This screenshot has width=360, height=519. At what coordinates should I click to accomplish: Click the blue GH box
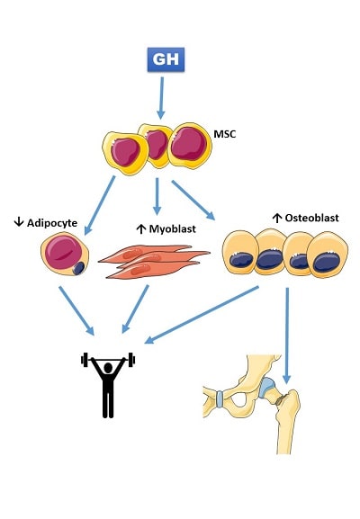coord(166,59)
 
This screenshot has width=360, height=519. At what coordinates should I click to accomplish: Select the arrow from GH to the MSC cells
coord(161,98)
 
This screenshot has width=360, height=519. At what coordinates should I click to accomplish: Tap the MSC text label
coord(225,134)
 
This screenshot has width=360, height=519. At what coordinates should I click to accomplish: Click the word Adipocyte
coord(52,223)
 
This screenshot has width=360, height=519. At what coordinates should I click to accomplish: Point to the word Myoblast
coord(172,228)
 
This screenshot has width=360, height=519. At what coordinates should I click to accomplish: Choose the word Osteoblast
coord(312,218)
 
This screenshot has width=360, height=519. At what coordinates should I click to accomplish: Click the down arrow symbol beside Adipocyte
coord(19,222)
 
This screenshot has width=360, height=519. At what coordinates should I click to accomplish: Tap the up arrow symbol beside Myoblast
coord(141,228)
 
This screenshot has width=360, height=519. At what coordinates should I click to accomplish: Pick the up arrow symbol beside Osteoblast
coord(277,218)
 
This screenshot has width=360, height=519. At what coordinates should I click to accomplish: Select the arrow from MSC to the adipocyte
coord(100,205)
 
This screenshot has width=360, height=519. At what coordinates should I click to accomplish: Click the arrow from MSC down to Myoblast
coord(157,197)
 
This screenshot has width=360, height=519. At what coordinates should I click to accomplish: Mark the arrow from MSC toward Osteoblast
coord(193,201)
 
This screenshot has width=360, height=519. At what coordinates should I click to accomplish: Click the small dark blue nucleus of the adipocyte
coord(78,268)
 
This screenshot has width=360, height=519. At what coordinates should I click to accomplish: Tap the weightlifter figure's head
coord(108,368)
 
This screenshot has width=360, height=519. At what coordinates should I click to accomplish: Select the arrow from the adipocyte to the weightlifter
coord(76,311)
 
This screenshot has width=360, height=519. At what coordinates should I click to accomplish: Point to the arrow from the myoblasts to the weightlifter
coord(135,309)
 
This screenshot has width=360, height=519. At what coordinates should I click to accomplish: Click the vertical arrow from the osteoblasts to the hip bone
coord(287,336)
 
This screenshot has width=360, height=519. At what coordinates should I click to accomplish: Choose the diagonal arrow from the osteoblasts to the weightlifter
coord(202,315)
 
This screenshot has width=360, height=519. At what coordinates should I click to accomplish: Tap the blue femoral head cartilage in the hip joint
coord(267,388)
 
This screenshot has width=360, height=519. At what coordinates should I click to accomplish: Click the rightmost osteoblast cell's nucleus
coord(327,262)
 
